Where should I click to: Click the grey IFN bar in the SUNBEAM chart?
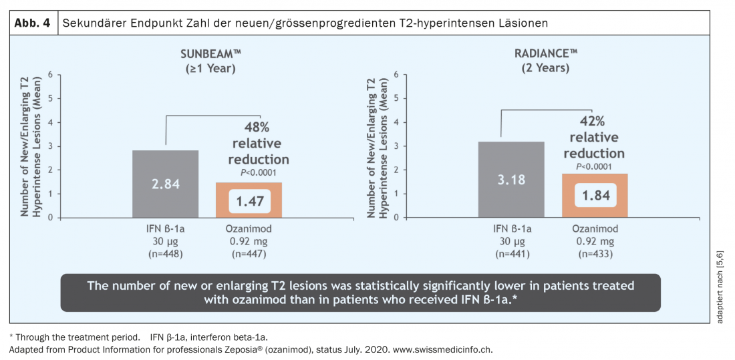pos(165,167)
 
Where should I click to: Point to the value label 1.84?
pos(595,195)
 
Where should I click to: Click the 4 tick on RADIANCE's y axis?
pos(397,122)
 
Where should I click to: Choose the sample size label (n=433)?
pos(595,254)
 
